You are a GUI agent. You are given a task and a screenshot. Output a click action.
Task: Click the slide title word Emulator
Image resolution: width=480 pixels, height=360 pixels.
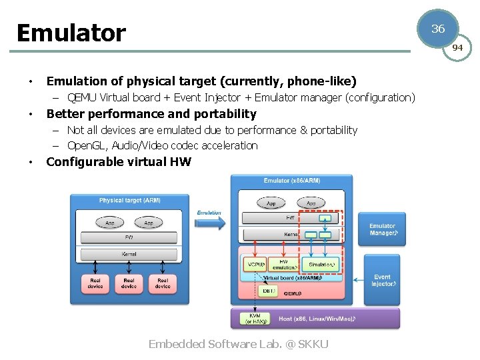coord(71,33)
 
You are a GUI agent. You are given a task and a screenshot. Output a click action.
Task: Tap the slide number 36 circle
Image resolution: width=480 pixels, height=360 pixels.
coord(438,29)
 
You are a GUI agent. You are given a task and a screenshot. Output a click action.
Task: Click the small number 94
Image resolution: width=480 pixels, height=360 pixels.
coord(457,48)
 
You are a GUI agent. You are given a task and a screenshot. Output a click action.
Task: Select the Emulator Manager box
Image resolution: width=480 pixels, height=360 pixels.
coord(382,229)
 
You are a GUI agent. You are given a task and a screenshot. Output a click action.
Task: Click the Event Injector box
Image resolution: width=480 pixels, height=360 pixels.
coord(382,280)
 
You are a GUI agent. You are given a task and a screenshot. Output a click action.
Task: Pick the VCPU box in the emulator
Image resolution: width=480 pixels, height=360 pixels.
coord(255,264)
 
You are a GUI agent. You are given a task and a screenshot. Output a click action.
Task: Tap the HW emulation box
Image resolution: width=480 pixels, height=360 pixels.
coord(284,264)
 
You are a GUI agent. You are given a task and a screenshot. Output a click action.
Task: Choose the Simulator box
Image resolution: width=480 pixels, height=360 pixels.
coord(322,264)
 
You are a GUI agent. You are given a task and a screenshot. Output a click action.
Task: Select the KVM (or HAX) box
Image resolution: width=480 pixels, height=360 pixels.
coord(254,318)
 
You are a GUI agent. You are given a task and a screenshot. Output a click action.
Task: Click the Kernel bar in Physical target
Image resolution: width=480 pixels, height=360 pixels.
coord(129,255)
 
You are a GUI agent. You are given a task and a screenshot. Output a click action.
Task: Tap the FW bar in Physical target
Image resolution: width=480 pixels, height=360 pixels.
coord(129,237)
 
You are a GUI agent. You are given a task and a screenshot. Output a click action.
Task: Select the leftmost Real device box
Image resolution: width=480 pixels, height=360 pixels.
coord(95,283)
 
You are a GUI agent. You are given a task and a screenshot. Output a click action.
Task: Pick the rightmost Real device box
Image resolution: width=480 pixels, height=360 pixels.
coord(163,283)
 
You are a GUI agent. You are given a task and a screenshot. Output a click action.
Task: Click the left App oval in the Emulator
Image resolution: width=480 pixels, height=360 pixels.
coord(271,203)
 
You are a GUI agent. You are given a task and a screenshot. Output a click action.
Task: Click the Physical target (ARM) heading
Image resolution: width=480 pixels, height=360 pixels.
coord(129,201)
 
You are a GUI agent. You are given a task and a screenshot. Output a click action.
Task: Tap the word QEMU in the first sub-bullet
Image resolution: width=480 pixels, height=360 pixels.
coord(82,97)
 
